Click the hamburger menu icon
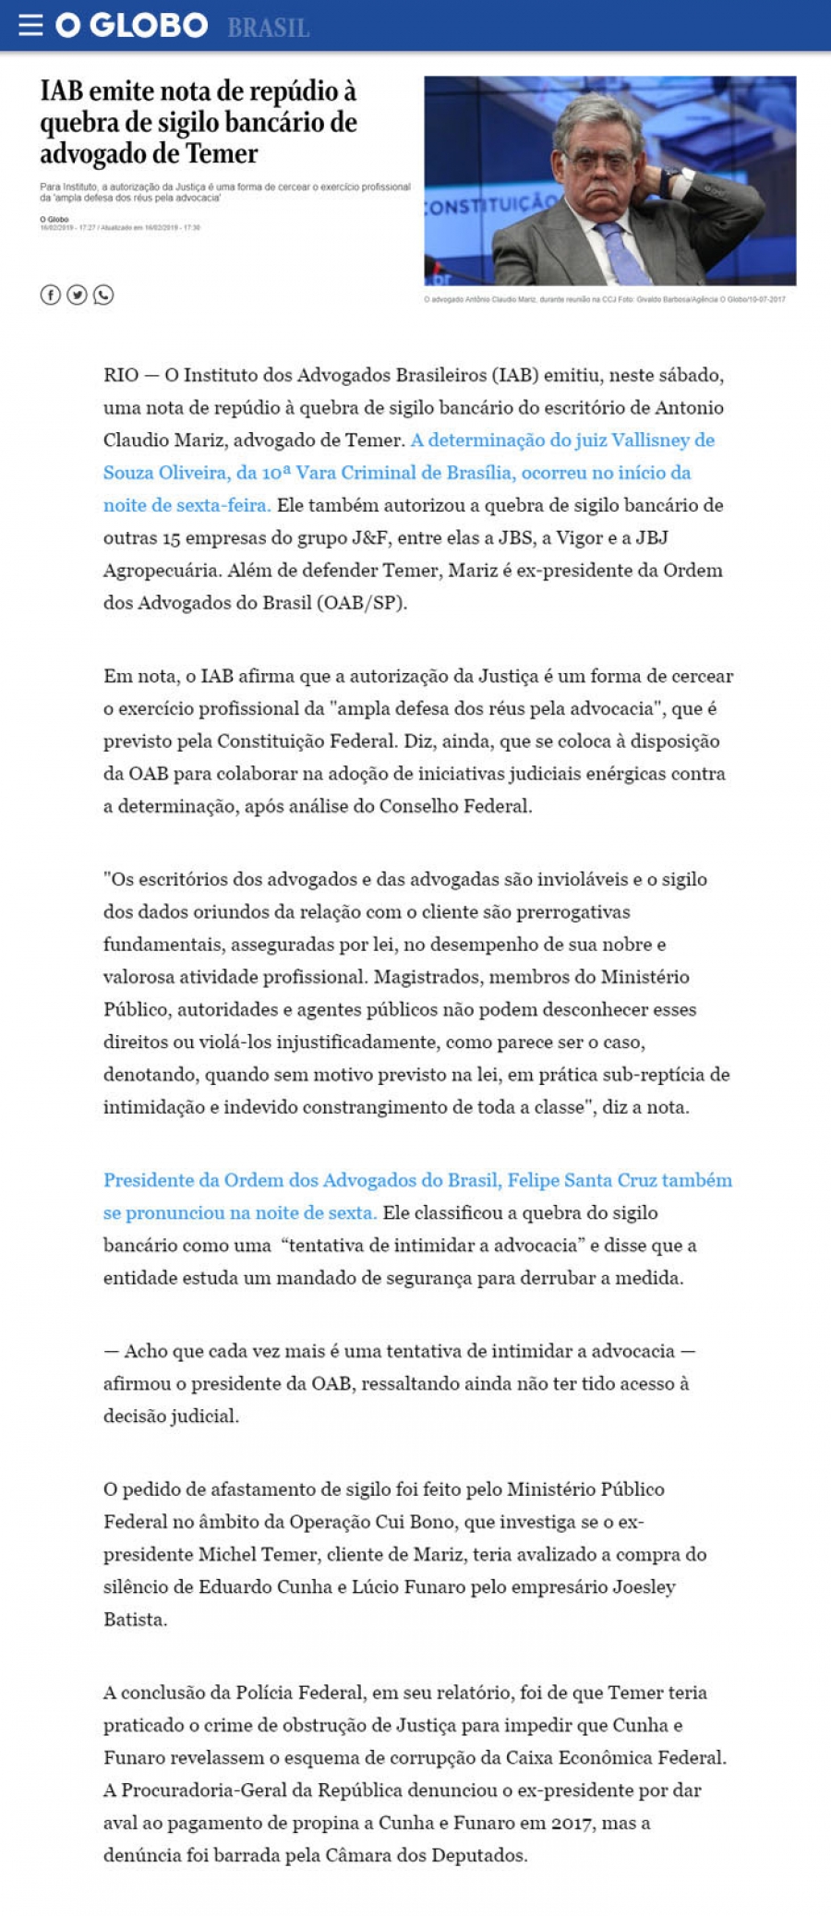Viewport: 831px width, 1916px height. point(30,25)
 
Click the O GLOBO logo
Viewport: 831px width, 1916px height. point(131,25)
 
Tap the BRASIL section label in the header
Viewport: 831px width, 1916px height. point(268,28)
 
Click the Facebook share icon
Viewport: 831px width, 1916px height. point(50,295)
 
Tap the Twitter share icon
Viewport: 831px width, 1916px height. point(77,295)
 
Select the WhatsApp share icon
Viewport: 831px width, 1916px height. point(103,295)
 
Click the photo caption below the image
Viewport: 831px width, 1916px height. point(605,299)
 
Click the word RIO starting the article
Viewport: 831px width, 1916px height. point(121,375)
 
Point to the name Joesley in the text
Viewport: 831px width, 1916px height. point(644,1586)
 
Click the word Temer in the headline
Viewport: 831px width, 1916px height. point(222,153)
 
